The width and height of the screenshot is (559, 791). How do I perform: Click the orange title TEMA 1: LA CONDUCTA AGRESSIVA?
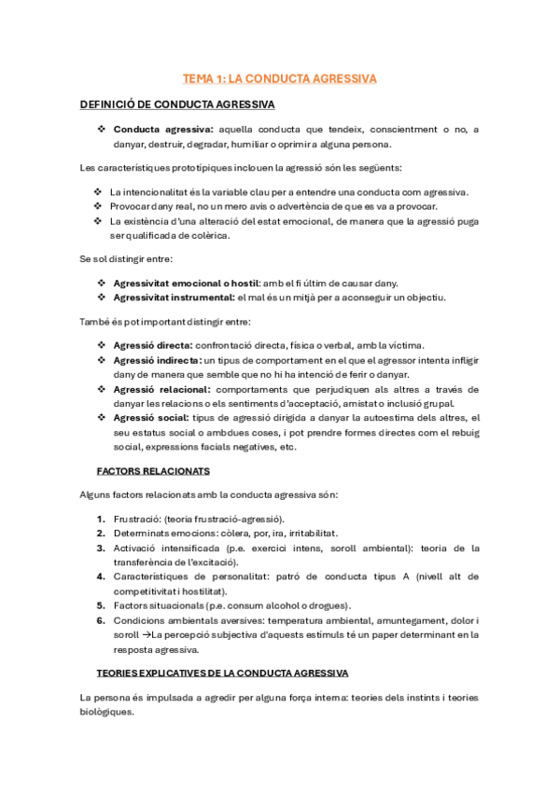(279, 79)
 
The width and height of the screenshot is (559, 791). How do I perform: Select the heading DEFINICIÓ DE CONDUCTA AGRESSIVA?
(177, 104)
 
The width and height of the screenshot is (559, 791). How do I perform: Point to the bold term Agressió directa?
(153, 344)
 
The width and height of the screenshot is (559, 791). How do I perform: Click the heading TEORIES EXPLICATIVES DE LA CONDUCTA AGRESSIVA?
(223, 672)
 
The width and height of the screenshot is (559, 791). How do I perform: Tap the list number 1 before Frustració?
(101, 518)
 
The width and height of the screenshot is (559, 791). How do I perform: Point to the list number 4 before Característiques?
(101, 576)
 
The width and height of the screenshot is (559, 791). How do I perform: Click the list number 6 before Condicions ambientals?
(101, 620)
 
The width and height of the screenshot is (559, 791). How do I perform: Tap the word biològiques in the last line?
(106, 711)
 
